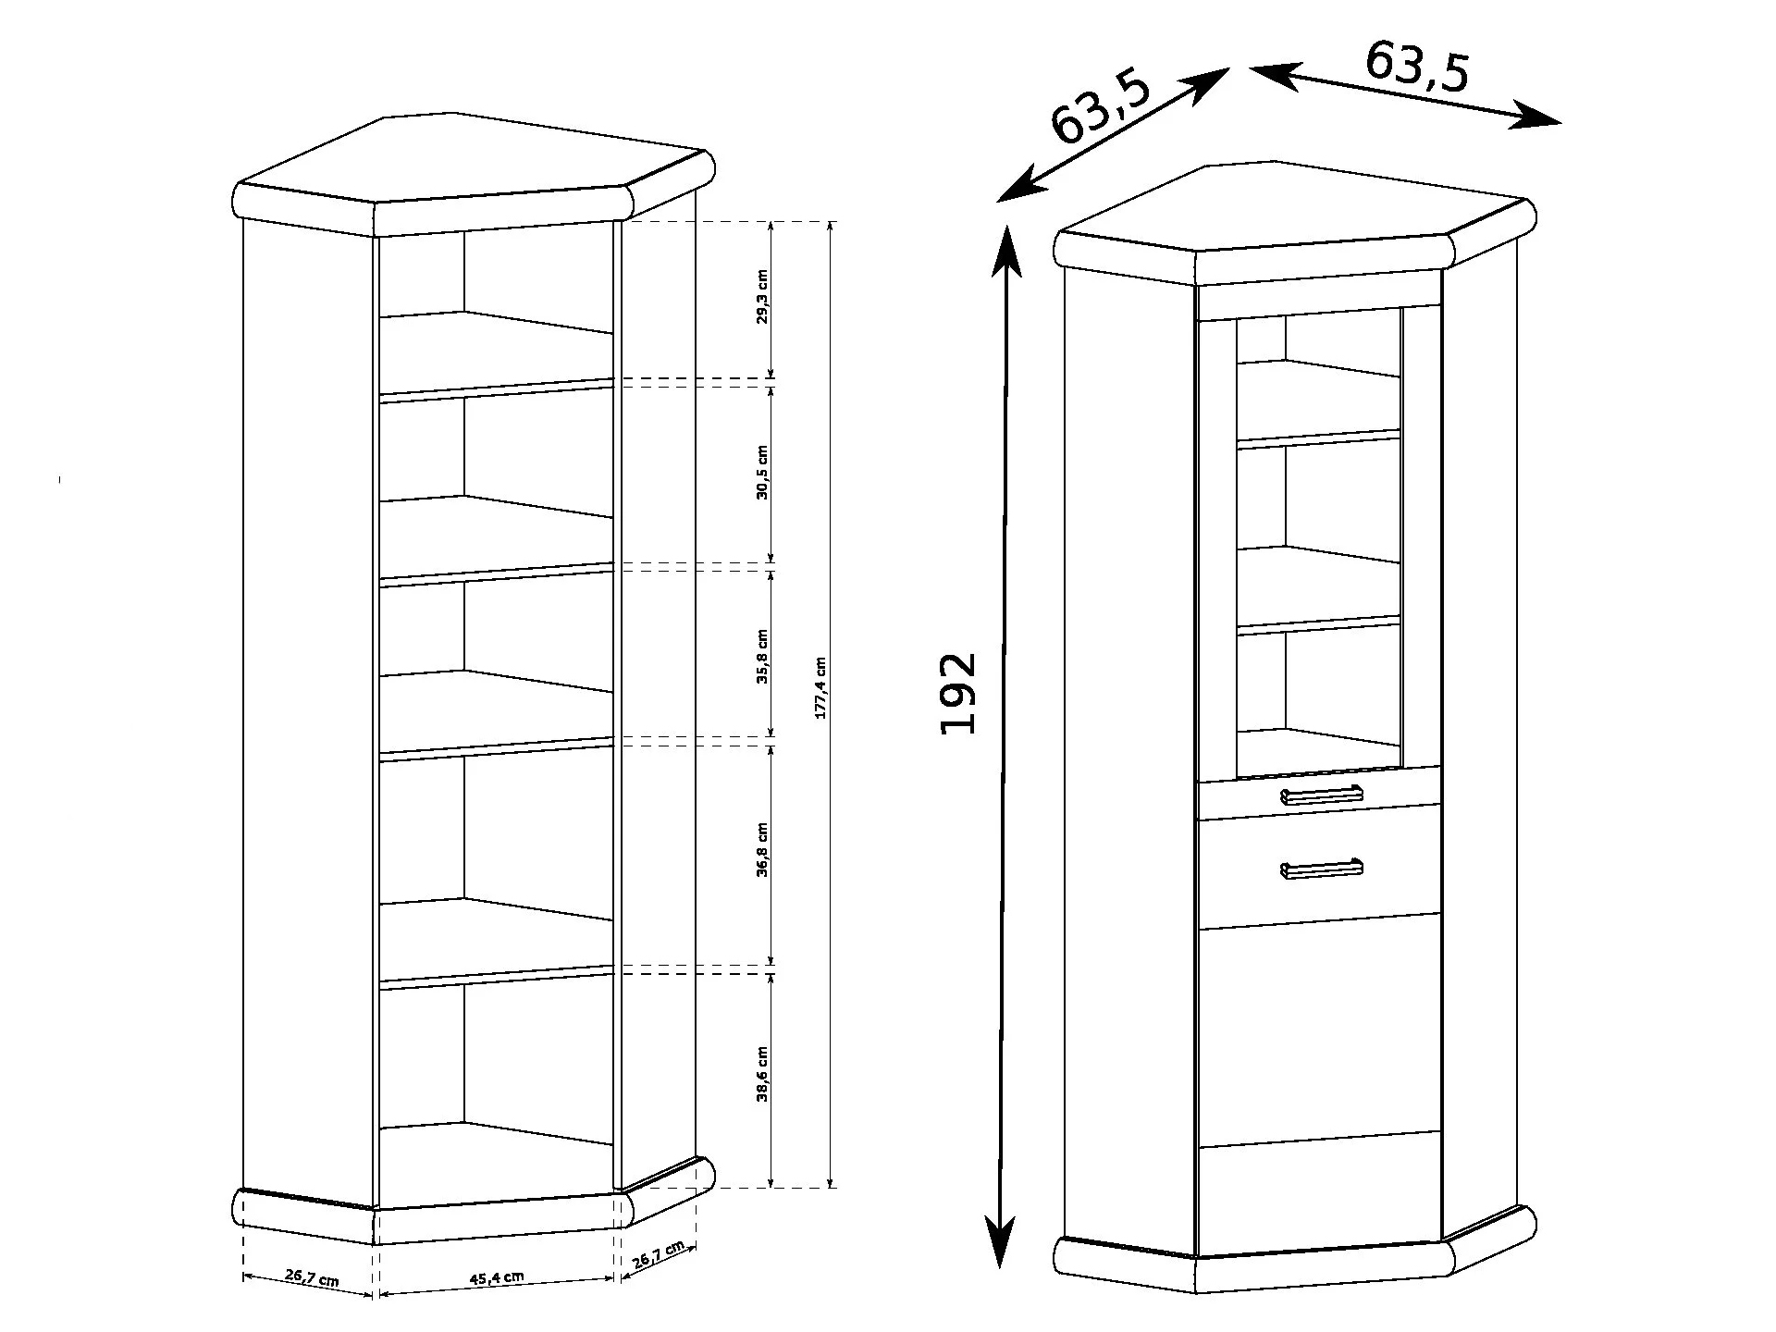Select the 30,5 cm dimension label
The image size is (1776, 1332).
[x=762, y=472]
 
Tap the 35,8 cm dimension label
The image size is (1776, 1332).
[x=762, y=657]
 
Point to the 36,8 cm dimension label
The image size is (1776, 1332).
[x=762, y=849]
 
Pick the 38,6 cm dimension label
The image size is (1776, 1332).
[x=762, y=1075]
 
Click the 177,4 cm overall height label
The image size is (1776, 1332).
[x=820, y=687]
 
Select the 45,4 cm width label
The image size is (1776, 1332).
[x=497, y=1277]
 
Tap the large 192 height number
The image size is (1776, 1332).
[x=957, y=694]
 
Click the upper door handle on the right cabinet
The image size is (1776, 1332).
[x=1322, y=795]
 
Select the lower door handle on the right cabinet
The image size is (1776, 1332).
[x=1322, y=868]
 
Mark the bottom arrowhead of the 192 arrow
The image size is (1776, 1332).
[x=1000, y=1239]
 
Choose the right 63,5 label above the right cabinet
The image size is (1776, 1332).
[x=1417, y=66]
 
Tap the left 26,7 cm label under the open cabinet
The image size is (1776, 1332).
[x=311, y=1277]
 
